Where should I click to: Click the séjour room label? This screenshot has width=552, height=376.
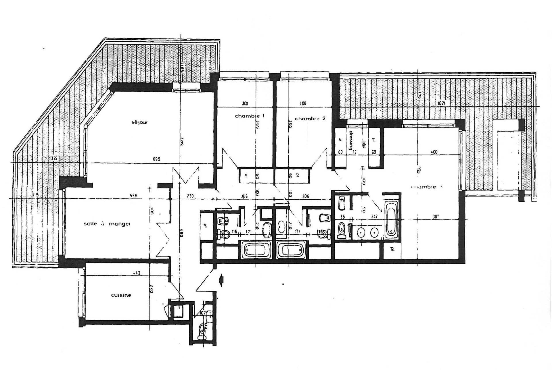139,122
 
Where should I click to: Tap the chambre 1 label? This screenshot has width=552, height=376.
250,116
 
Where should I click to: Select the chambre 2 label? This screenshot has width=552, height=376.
310,118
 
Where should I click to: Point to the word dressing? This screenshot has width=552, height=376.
351,141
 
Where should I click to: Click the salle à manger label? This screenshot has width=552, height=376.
107,224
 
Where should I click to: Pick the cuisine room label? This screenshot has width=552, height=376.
121,295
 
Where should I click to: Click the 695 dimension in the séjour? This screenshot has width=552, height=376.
156,159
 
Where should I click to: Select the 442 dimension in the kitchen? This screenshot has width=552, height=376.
137,273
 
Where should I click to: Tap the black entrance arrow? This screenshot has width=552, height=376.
222,279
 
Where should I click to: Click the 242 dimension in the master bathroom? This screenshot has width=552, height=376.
374,217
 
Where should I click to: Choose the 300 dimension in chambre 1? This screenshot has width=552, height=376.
245,103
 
